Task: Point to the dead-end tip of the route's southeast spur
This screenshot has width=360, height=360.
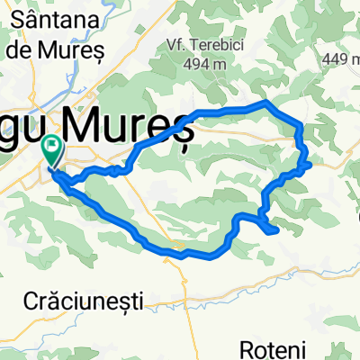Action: (x=276, y=231)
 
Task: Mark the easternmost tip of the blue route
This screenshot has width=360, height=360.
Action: (x=311, y=165)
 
